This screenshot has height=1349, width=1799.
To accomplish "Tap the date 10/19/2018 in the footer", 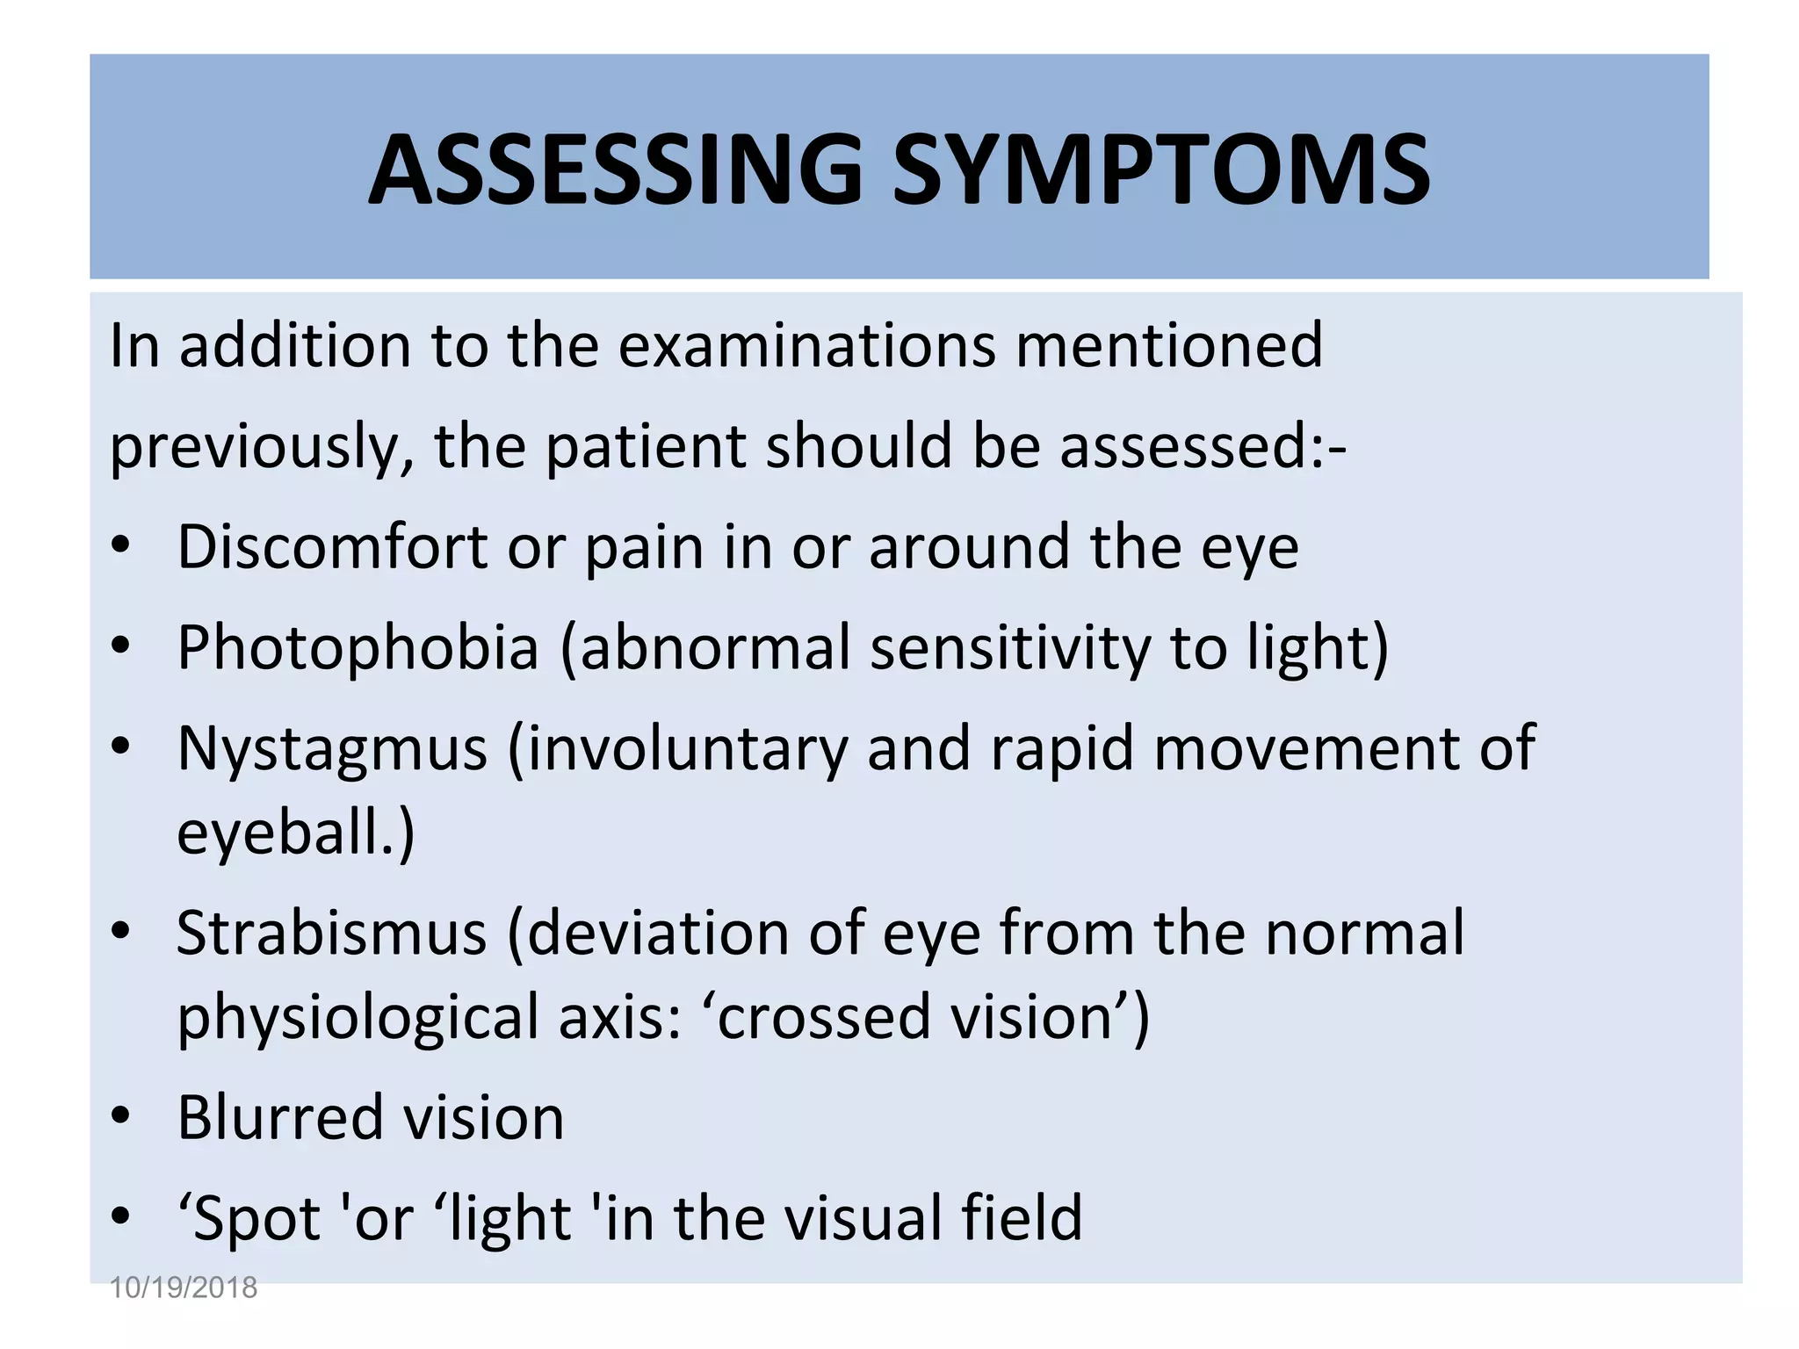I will tap(183, 1288).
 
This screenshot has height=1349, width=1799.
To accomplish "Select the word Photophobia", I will tap(358, 648).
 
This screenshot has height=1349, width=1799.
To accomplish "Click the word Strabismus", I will tap(331, 933).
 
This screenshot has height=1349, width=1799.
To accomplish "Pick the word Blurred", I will tap(278, 1118).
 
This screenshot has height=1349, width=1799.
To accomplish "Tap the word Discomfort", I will tap(332, 547).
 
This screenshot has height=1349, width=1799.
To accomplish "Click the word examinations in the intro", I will tap(806, 345).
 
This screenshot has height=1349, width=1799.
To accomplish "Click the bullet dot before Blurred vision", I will tap(121, 1116).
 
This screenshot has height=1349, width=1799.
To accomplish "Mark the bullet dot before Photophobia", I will tap(121, 646).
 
